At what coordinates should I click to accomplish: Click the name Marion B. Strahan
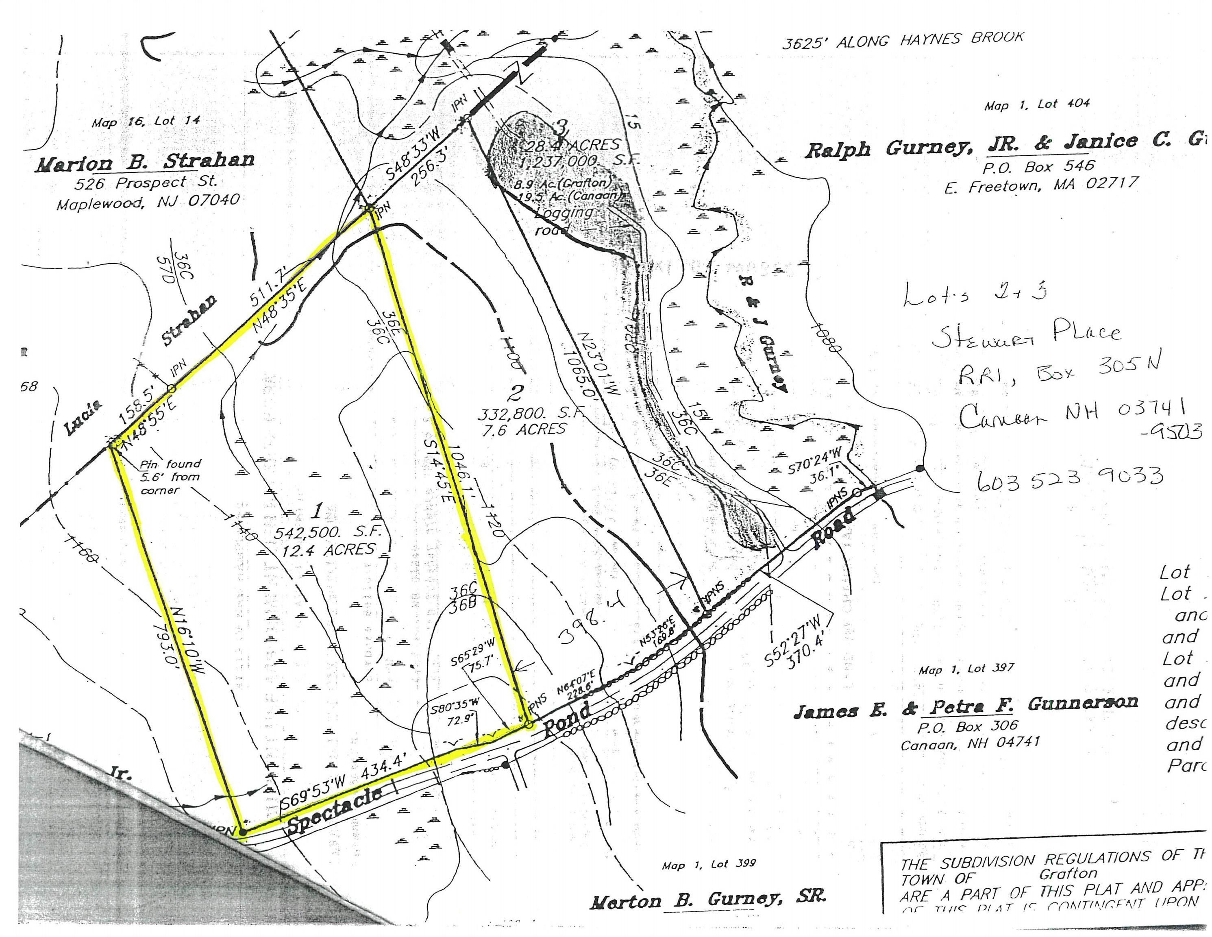click(x=146, y=163)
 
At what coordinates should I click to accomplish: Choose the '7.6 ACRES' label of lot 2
click(x=524, y=429)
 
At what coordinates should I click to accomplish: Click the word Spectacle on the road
click(x=335, y=809)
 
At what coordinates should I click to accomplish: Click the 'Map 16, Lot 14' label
click(x=146, y=121)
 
